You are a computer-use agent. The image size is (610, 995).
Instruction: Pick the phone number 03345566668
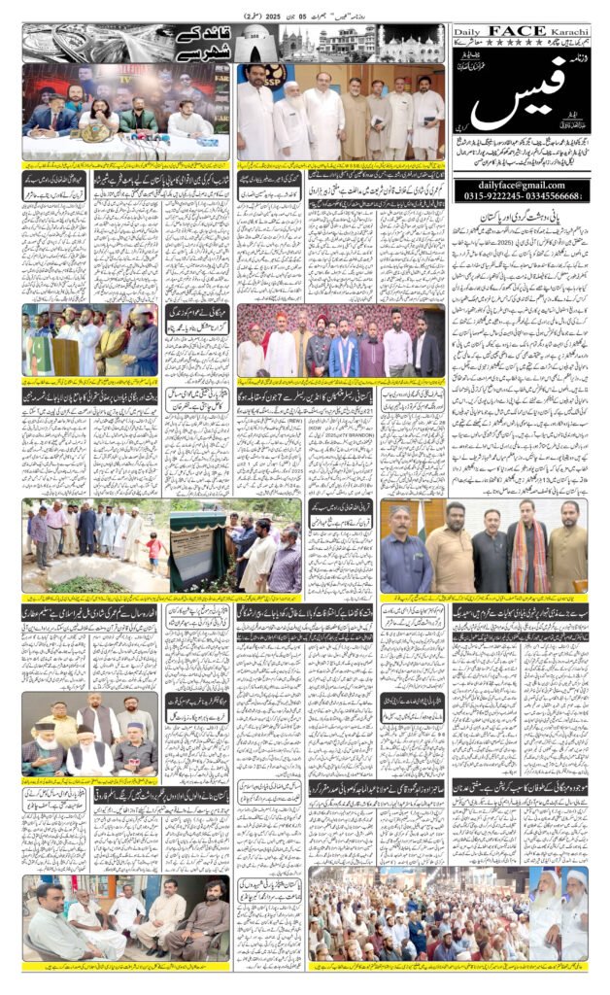point(556,195)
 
